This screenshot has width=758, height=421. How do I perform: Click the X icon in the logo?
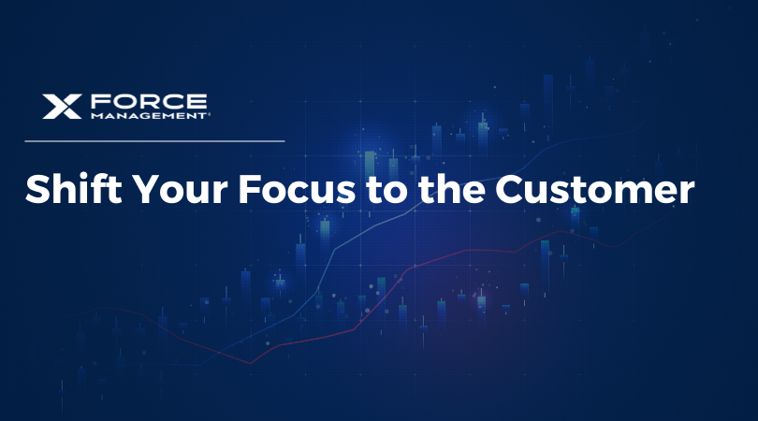[63, 107]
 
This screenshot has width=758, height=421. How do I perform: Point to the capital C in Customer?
[509, 190]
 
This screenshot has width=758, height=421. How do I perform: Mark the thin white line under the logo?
[154, 141]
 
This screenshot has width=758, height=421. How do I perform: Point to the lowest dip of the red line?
[250, 362]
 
